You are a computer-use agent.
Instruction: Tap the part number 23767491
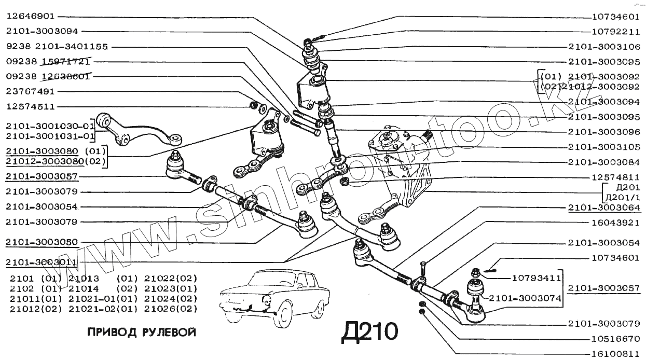31,91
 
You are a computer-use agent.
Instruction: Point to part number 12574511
31,106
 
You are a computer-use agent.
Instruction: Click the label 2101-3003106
604,46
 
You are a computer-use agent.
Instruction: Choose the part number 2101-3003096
604,132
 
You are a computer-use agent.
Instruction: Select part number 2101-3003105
604,147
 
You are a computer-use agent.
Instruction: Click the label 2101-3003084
604,162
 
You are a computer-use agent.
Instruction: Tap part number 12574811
614,177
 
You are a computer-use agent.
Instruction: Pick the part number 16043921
614,223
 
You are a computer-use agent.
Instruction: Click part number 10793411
536,278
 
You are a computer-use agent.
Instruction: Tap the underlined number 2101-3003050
42,242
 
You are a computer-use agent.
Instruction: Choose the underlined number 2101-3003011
42,262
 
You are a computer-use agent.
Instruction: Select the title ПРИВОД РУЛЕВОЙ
141,333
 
